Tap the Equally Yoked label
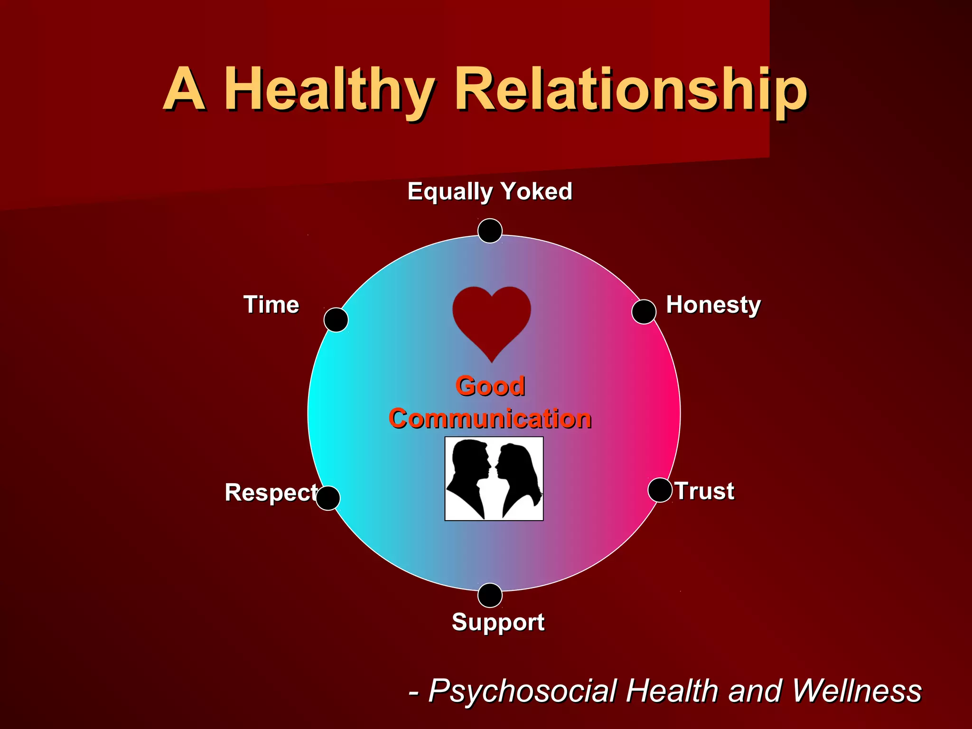tap(490, 192)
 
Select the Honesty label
tap(713, 305)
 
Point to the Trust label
tap(705, 491)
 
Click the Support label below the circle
tap(498, 622)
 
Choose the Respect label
tap(271, 493)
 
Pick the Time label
tap(271, 305)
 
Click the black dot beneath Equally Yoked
tap(490, 231)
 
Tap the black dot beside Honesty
tap(644, 312)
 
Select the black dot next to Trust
tap(660, 490)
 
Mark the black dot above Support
tap(490, 595)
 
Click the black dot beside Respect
tap(328, 498)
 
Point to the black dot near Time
tap(336, 320)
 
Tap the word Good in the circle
tap(490, 386)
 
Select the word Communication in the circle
tap(490, 419)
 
